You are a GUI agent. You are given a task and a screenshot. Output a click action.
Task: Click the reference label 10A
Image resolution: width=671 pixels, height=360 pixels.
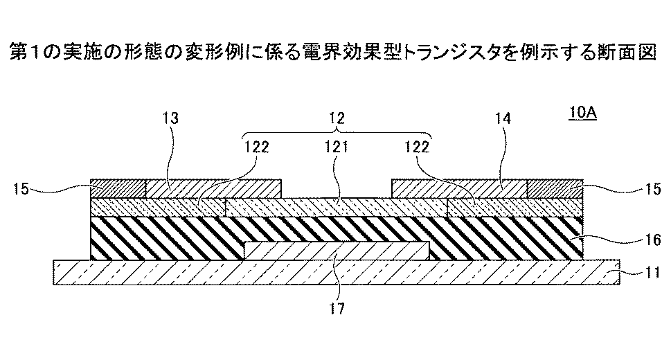coord(582,113)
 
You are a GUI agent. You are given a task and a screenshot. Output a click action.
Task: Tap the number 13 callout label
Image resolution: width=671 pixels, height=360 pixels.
coord(170,118)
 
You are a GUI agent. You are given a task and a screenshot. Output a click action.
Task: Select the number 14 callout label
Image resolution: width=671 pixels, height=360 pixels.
coord(503,118)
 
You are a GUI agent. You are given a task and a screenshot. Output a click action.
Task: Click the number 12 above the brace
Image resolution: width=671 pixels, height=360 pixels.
coord(337,118)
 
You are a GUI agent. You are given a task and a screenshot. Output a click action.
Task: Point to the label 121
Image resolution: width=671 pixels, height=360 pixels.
coord(337,147)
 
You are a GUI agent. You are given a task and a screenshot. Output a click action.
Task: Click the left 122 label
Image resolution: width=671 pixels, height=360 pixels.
coord(256,147)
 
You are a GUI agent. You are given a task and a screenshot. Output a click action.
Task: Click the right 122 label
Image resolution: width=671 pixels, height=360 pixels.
coord(417,147)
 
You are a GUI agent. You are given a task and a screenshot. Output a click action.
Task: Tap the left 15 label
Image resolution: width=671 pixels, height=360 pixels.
coord(21,188)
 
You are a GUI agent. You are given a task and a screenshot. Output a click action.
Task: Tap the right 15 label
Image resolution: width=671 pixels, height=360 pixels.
coord(653,188)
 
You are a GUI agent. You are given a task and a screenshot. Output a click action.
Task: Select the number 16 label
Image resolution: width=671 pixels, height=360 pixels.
coord(653,240)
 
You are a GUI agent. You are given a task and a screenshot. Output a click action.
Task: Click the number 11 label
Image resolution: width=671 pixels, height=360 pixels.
coord(652,272)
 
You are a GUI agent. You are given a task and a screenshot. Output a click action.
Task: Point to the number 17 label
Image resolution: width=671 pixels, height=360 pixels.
coord(337,309)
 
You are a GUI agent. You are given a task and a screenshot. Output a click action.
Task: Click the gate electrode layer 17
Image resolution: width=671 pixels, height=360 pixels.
coord(337,251)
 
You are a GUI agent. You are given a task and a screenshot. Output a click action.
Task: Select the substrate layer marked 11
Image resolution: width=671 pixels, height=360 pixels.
coord(337,272)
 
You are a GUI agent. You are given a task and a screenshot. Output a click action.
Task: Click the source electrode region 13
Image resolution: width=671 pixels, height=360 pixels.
coord(214,189)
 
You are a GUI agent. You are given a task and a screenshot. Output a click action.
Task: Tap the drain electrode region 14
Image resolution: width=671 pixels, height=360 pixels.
coord(459,189)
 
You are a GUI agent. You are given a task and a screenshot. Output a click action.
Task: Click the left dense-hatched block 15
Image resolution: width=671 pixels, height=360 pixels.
coord(118,189)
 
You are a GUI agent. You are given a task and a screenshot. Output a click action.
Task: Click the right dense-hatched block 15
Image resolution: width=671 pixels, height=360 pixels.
coord(555,189)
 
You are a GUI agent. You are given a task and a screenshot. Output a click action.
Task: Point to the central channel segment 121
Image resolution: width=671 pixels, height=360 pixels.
coord(337,207)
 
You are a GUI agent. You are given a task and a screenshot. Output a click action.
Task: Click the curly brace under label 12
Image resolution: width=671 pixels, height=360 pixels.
coord(337,132)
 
